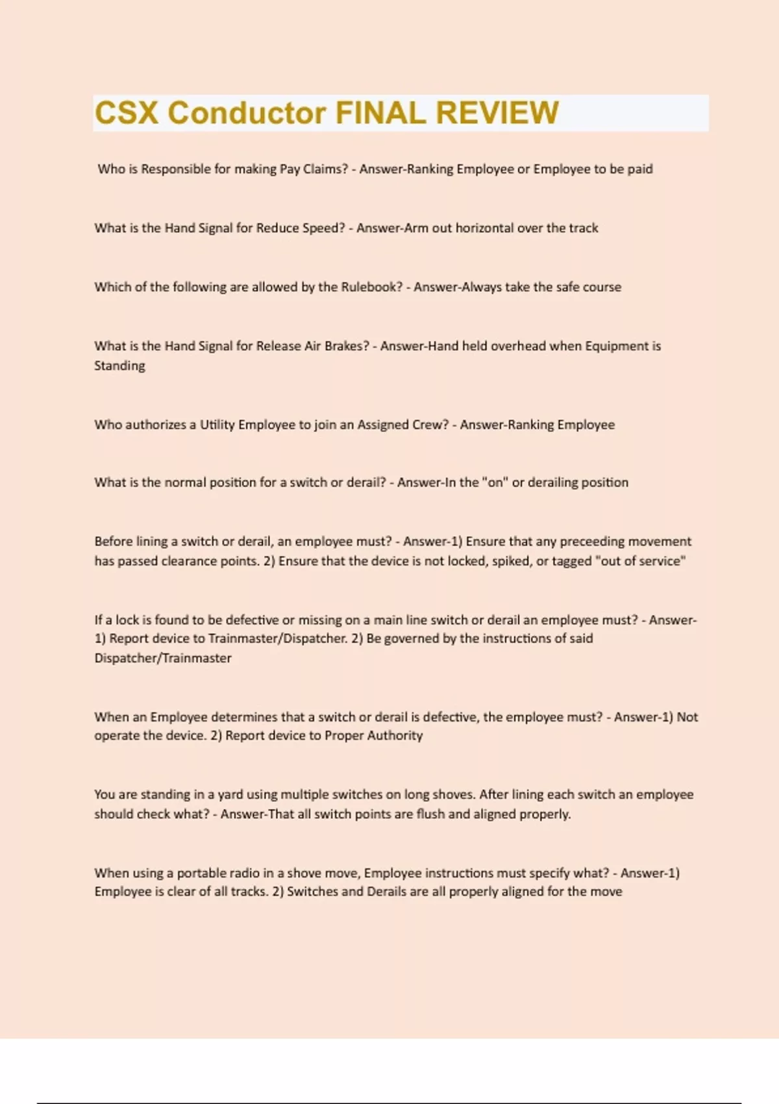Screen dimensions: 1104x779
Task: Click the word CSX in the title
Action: coord(127,113)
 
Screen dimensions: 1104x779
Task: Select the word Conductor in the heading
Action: coord(247,113)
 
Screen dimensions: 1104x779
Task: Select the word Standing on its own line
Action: coord(119,366)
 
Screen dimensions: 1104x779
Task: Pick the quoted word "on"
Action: coord(494,483)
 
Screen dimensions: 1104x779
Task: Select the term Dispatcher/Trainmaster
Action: coord(163,658)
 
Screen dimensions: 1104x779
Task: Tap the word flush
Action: coord(430,814)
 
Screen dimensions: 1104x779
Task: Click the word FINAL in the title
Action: coord(380,113)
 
